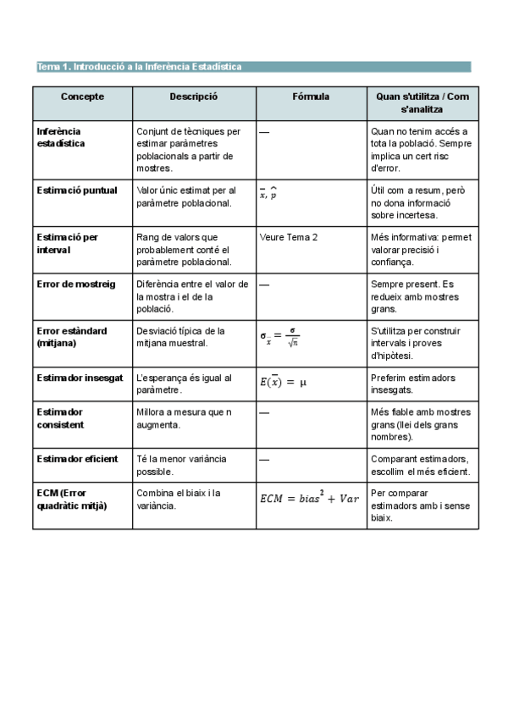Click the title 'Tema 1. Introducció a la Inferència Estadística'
(140, 67)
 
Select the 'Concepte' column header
(82, 97)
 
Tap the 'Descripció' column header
(193, 97)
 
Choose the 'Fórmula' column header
(311, 97)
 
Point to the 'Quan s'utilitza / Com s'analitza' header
(422, 102)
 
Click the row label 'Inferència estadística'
(61, 137)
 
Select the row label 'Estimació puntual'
(77, 191)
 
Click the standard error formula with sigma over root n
(279, 337)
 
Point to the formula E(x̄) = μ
(283, 383)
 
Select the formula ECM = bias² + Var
(309, 499)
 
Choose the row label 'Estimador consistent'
(60, 417)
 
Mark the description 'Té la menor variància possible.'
(181, 464)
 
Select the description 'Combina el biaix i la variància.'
(179, 499)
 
